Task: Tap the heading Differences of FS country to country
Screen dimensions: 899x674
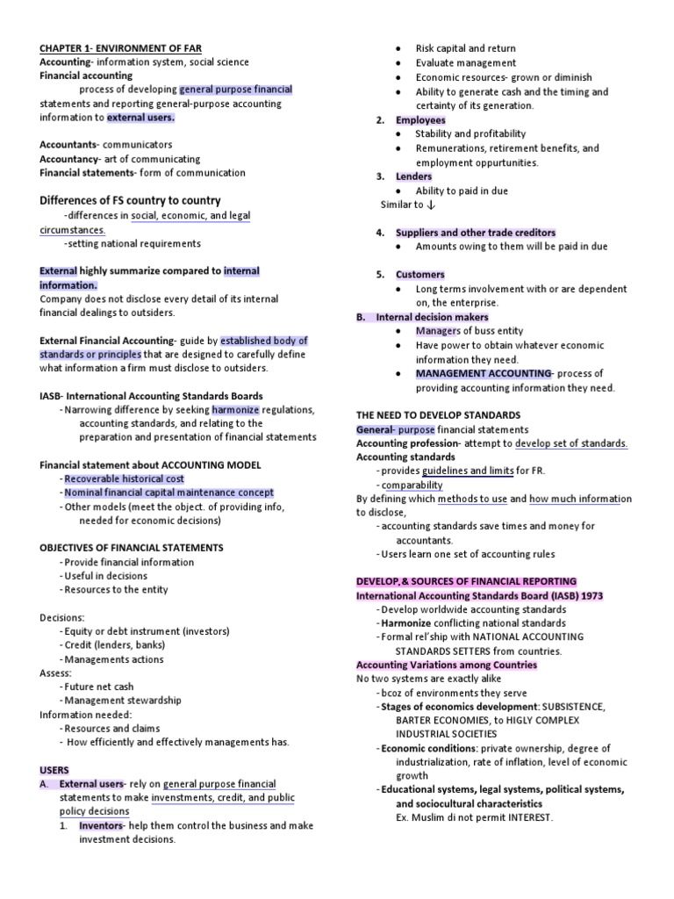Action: [x=130, y=200]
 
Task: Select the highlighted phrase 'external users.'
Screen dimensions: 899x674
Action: [x=140, y=117]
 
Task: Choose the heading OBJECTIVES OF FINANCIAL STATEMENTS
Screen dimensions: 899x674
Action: [x=132, y=547]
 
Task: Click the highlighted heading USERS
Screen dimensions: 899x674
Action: [x=54, y=770]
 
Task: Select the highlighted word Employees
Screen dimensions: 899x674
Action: [x=420, y=120]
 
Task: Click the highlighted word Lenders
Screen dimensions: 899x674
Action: [x=413, y=176]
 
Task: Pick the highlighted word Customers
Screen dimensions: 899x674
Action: [x=420, y=275]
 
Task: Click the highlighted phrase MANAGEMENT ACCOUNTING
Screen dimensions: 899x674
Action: [x=483, y=373]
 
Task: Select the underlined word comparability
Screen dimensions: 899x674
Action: [x=412, y=485]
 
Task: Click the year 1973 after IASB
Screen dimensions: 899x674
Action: [x=588, y=595]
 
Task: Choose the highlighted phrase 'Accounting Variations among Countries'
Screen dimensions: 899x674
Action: [x=446, y=665]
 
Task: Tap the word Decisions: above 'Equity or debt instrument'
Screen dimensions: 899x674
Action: [x=62, y=617]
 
